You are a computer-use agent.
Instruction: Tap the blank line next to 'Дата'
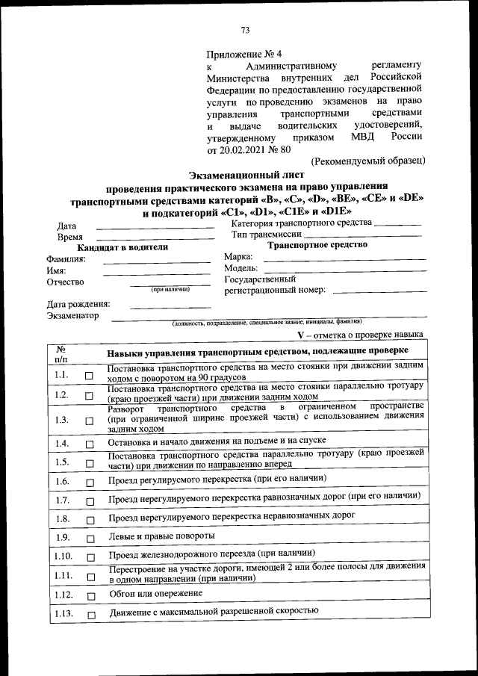pos(155,226)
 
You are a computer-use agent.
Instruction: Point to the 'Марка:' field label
pos(239,257)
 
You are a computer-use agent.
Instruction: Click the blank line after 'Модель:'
pos(344,269)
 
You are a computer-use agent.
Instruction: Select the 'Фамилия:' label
pos(66,258)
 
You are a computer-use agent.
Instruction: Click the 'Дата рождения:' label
pos(78,304)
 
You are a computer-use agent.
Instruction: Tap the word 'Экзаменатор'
pos(72,316)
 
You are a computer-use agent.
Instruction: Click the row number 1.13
pos(63,614)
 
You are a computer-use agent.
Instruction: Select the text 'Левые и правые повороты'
pos(161,536)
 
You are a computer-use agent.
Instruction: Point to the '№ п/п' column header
pos(62,353)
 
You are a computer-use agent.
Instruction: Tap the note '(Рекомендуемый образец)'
pos(368,160)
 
